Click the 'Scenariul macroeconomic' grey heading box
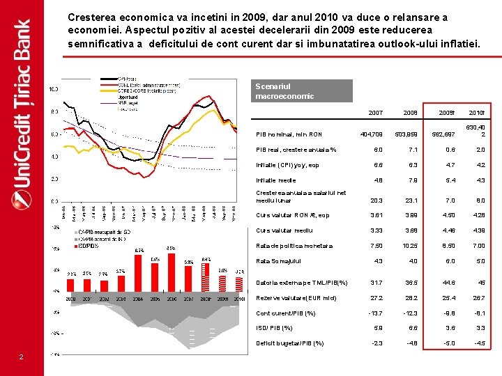tap(303, 91)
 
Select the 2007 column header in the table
tap(375, 113)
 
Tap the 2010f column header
tap(478, 113)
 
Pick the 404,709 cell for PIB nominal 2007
tap(371, 134)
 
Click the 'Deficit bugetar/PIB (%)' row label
tap(290, 343)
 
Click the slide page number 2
tap(21, 357)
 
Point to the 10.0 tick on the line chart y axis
tap(53, 89)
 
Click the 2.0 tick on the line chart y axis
tap(53, 179)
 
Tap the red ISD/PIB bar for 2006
tap(171, 269)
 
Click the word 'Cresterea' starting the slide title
tap(90, 17)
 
